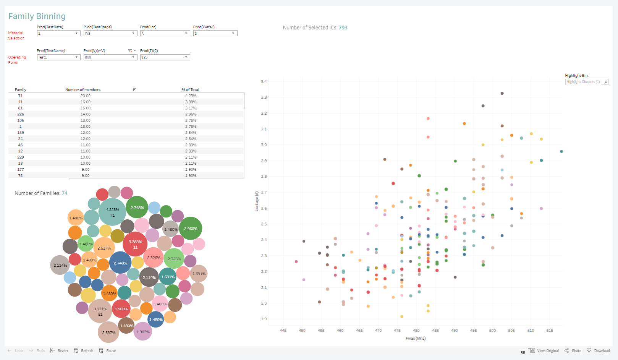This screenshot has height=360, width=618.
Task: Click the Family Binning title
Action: coord(37,16)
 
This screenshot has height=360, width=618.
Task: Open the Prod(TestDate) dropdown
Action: coord(58,33)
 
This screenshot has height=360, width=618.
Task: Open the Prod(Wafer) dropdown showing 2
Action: coord(215,33)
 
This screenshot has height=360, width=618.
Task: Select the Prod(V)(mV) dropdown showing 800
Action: coord(110,57)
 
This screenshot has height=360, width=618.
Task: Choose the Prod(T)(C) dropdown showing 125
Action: coord(165,57)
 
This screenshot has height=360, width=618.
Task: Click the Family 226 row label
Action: coord(21,114)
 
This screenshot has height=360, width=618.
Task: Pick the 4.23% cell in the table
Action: coord(191,96)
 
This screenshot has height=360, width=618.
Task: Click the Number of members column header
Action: coord(83,90)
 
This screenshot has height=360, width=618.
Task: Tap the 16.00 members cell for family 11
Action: coord(86,102)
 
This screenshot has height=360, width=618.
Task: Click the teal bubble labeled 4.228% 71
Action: coord(112,212)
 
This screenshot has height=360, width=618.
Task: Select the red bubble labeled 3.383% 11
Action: coord(135,244)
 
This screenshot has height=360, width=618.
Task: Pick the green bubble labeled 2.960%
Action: coord(191,229)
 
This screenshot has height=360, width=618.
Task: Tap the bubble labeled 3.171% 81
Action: coord(100,311)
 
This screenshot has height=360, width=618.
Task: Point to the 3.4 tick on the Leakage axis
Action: coord(264,82)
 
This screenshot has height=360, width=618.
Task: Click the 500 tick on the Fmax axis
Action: coord(492,331)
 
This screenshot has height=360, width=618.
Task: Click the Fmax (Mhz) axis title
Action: coord(416,338)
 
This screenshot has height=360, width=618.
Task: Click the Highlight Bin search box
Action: coord(583,82)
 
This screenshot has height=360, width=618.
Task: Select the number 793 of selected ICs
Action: coord(343,28)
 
